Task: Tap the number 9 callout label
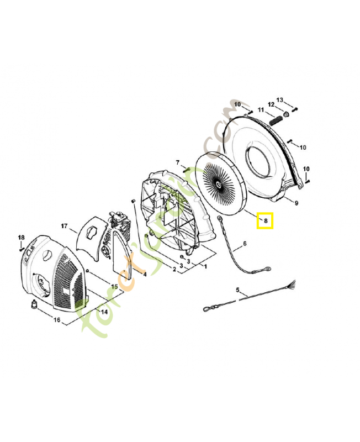pyautogui.click(x=296, y=203)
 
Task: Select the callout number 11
pyautogui.click(x=261, y=110)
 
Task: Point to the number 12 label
pyautogui.click(x=271, y=104)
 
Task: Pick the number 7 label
pyautogui.click(x=178, y=162)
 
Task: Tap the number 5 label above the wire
pyautogui.click(x=238, y=290)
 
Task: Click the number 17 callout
pyautogui.click(x=64, y=226)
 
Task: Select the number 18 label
pyautogui.click(x=22, y=238)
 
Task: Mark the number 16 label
pyautogui.click(x=57, y=319)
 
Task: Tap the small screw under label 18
pyautogui.click(x=22, y=249)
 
